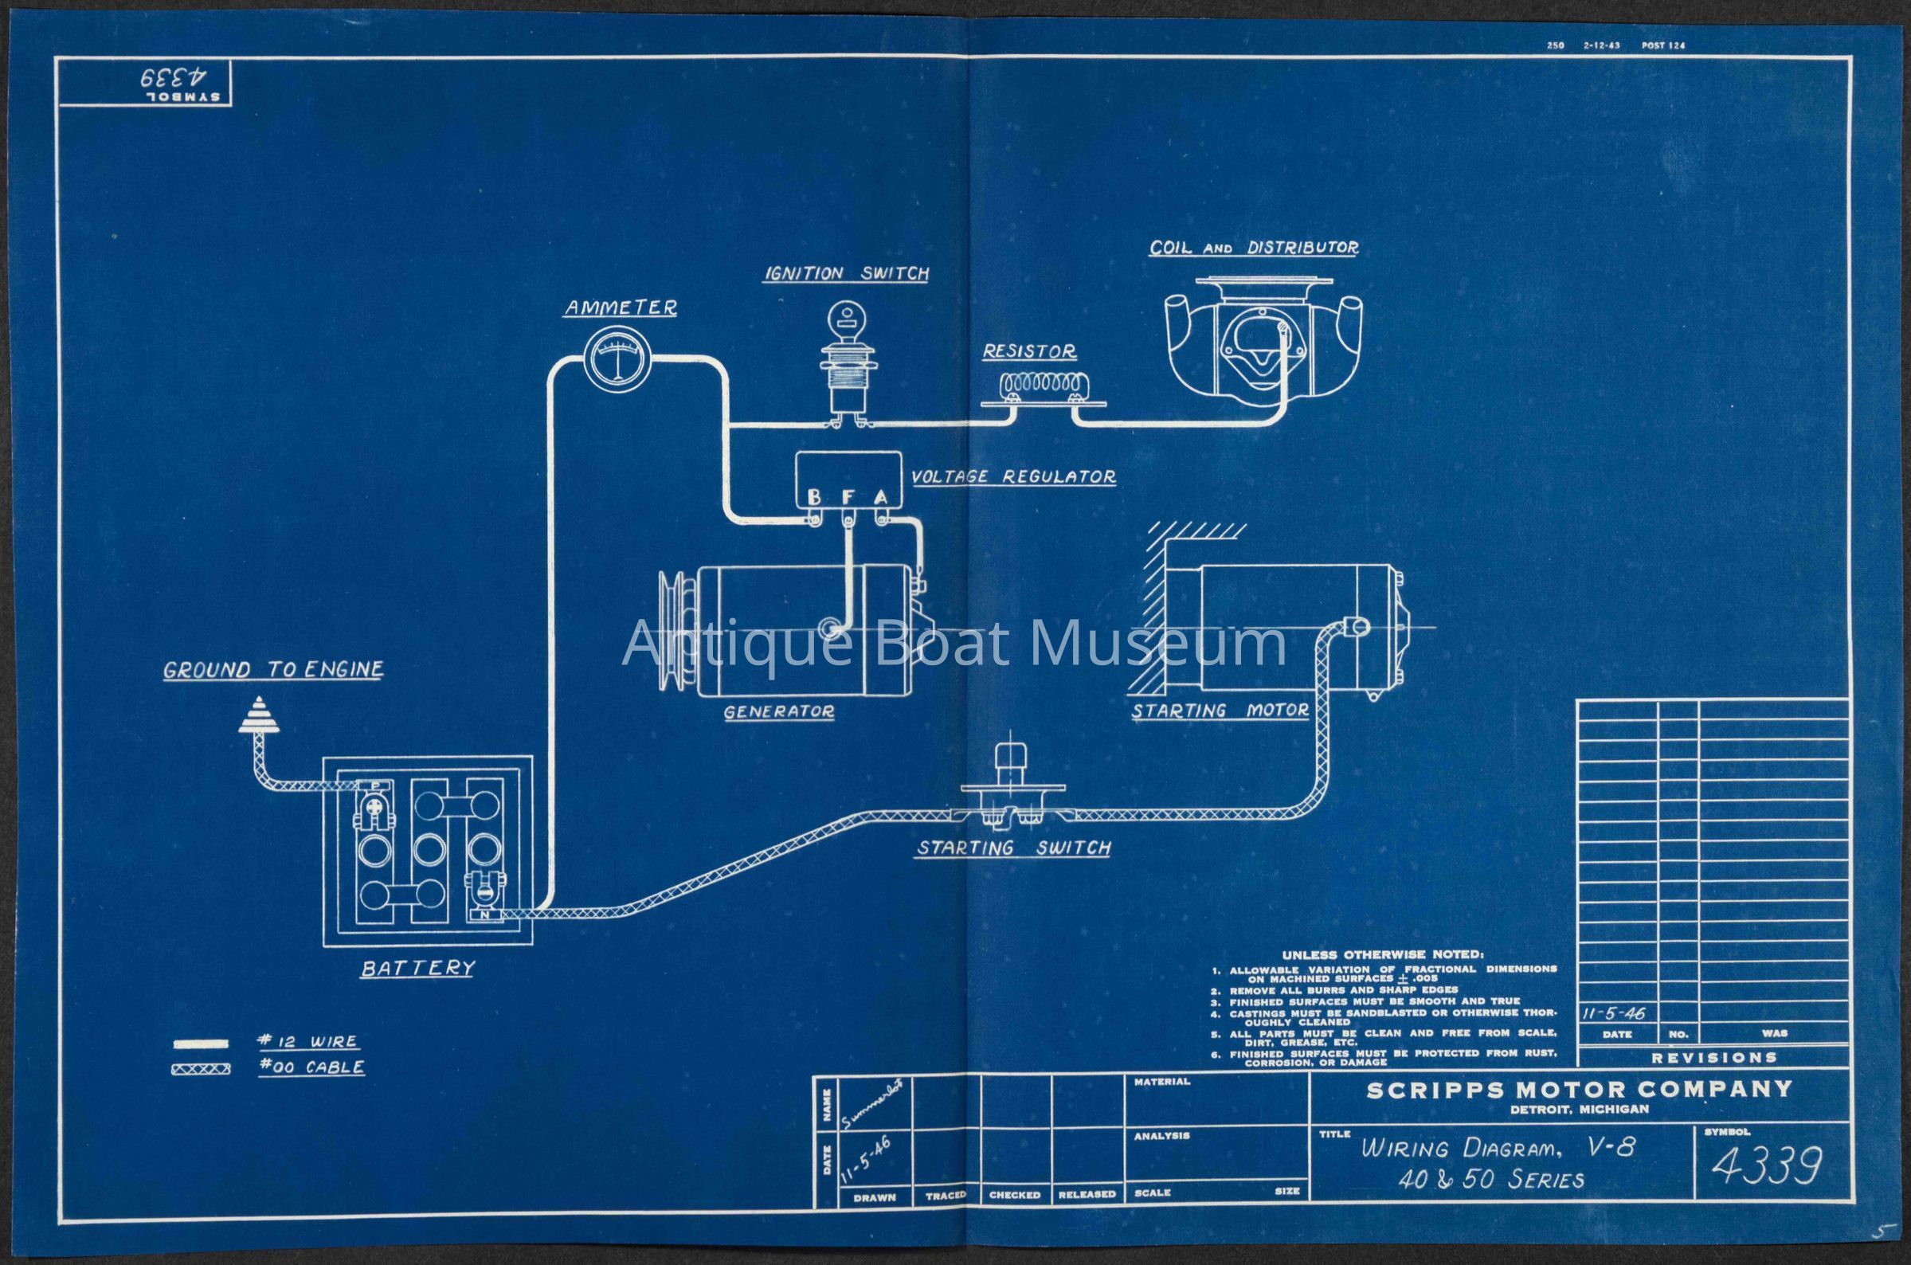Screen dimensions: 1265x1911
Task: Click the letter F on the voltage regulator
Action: (x=848, y=499)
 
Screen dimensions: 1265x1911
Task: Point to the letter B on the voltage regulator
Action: (x=815, y=499)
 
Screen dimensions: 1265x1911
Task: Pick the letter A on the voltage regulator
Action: (x=881, y=499)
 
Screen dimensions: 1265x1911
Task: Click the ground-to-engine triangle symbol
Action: (x=260, y=715)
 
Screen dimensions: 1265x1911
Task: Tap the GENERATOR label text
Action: (x=778, y=712)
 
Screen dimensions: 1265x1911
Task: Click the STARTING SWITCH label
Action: (x=1013, y=848)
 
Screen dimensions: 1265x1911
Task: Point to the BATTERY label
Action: (x=417, y=968)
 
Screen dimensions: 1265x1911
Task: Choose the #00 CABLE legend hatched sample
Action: (x=201, y=1071)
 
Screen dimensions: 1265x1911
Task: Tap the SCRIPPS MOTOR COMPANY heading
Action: (x=1579, y=1091)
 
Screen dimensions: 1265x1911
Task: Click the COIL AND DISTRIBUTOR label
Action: (x=1254, y=248)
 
